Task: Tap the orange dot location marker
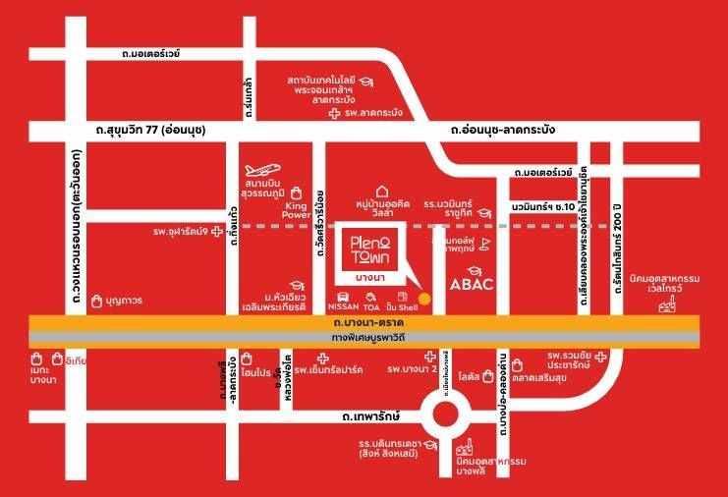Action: point(424,297)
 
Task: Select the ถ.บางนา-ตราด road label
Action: point(369,323)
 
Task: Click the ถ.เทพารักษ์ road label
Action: point(369,418)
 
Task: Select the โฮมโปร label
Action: point(254,372)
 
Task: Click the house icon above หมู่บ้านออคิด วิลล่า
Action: point(382,191)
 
